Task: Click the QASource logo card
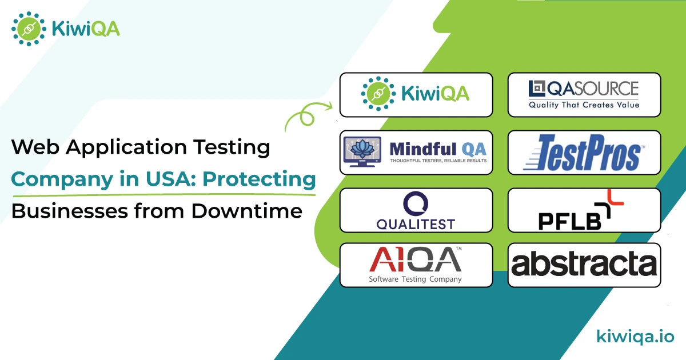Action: [584, 95]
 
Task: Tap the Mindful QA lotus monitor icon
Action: [362, 151]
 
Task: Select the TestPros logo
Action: [584, 153]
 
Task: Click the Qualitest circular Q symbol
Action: [416, 203]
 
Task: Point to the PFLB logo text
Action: [569, 221]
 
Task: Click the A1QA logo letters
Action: [415, 259]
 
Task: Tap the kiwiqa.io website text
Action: [635, 337]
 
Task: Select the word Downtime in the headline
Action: [247, 211]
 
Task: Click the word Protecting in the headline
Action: [259, 179]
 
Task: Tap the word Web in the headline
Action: [35, 147]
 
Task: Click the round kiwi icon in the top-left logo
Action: [29, 29]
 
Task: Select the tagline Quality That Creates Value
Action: [584, 105]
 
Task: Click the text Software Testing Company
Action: [415, 279]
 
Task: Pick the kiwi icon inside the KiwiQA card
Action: [378, 94]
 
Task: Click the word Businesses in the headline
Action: [70, 211]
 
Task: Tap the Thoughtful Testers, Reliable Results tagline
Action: [438, 161]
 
